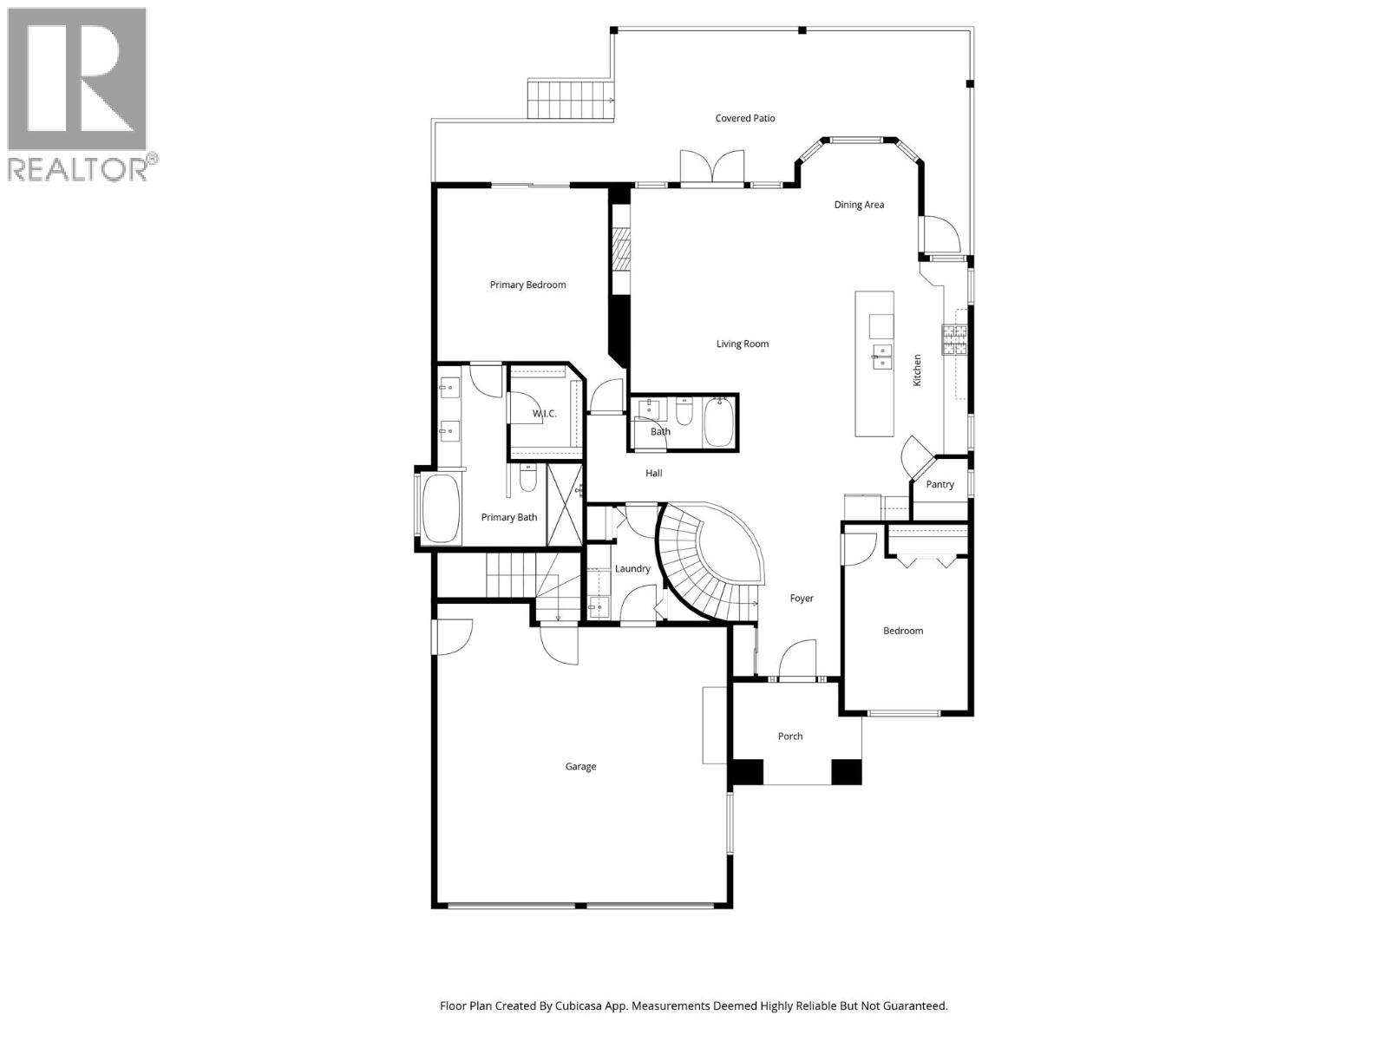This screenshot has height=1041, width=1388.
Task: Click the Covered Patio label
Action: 744,118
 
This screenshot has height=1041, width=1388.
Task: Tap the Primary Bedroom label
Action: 527,285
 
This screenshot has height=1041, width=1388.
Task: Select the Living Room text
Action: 742,344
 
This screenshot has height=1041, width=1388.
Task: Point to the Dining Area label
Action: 859,205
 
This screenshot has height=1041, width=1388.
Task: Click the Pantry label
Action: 940,484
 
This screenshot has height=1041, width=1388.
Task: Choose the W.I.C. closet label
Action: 544,414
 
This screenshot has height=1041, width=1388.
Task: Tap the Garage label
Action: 580,766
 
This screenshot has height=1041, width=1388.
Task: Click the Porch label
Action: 789,736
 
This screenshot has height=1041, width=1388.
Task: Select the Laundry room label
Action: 632,568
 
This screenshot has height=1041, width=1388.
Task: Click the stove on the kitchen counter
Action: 954,339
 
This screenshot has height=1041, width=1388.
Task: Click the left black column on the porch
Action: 748,771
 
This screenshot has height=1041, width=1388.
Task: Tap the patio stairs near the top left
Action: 570,99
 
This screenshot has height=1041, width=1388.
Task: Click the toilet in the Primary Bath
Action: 527,479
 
